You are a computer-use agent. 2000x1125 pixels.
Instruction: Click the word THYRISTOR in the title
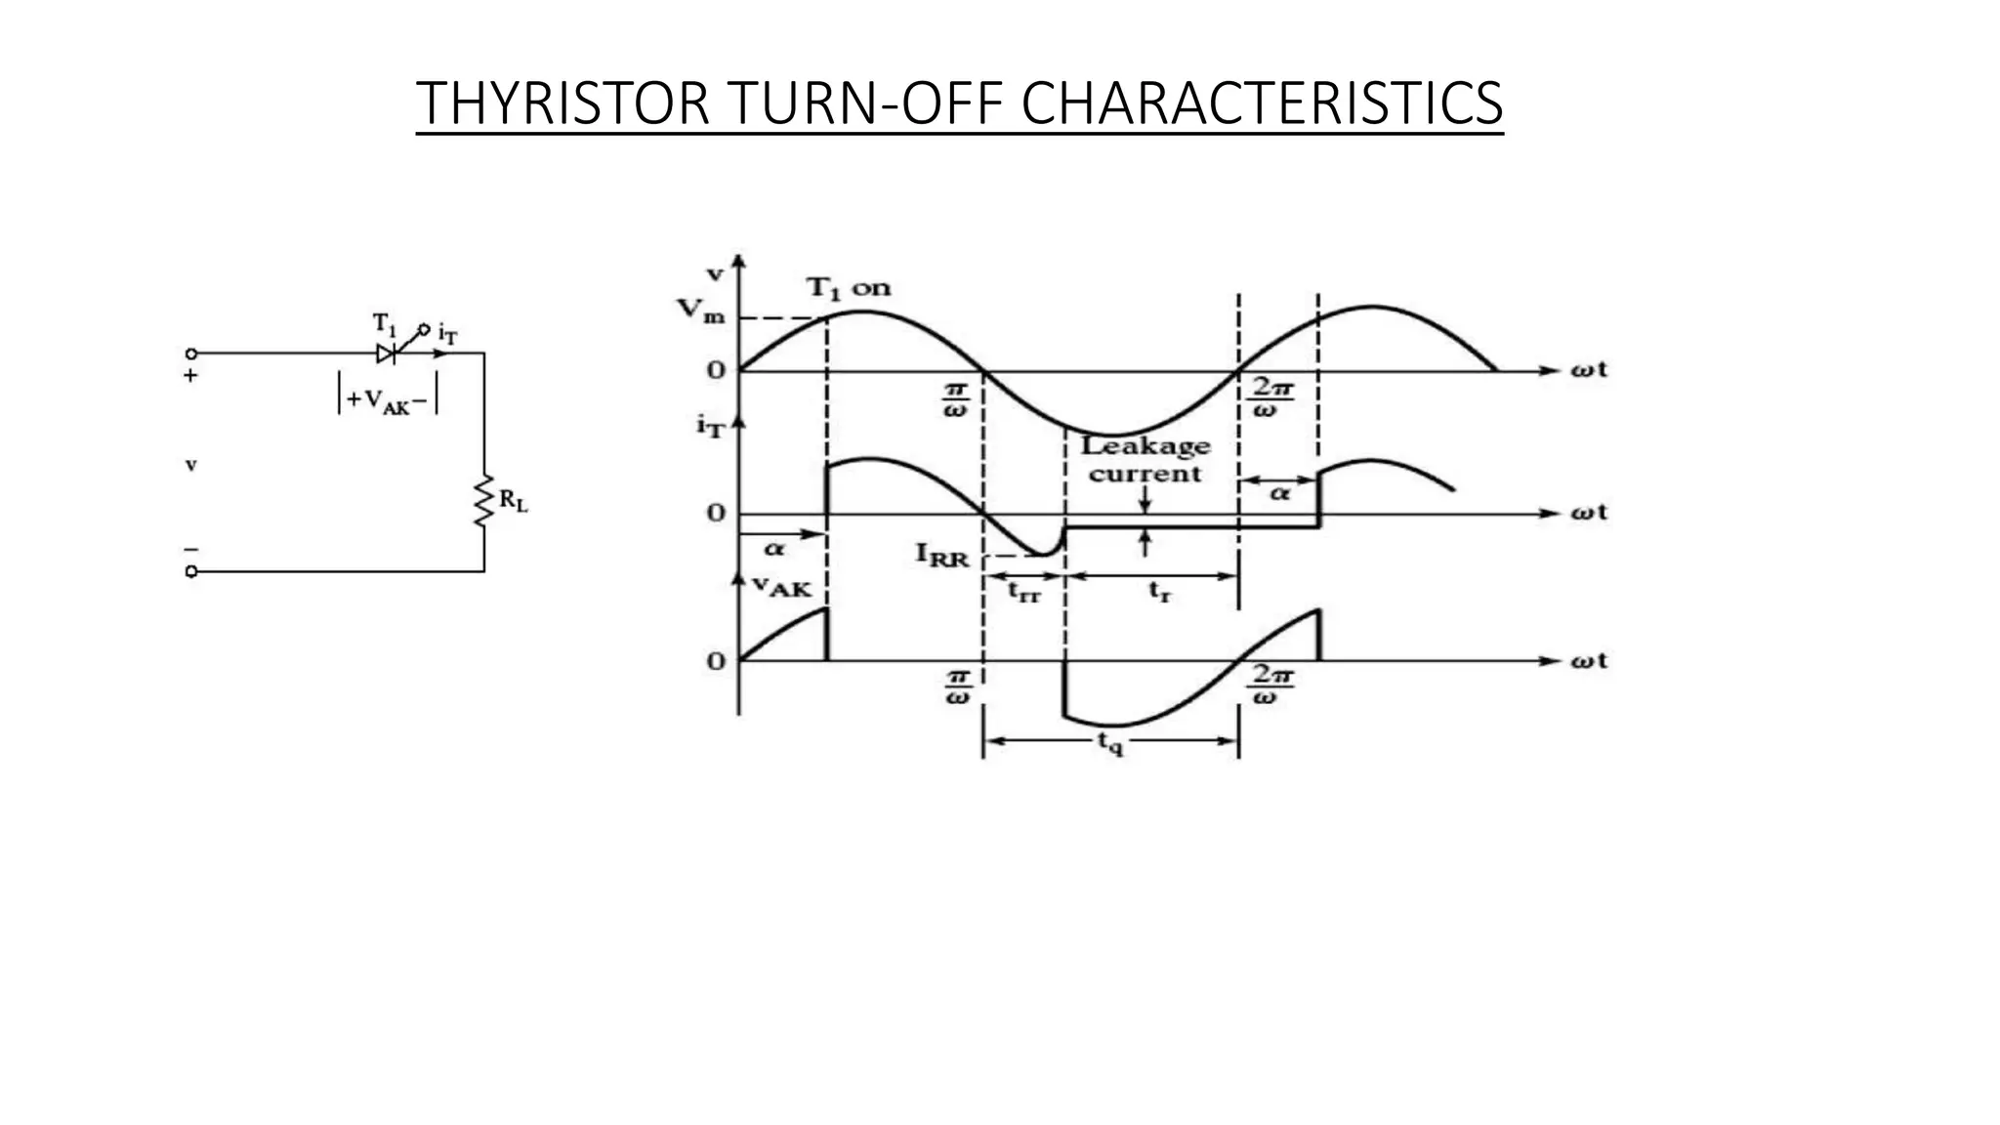coord(562,103)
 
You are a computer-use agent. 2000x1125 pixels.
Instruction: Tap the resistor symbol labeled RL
coord(483,501)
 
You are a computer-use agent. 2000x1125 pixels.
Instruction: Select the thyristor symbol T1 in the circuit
coord(388,353)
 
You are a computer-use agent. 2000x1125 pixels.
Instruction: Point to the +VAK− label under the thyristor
coord(387,400)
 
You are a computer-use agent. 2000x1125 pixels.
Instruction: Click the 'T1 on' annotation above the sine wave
coord(848,288)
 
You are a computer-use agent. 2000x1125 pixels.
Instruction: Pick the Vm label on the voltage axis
coord(701,312)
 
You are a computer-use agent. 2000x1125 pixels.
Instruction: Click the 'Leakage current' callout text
coord(1146,460)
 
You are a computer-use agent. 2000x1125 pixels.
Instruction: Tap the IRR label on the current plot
coord(941,555)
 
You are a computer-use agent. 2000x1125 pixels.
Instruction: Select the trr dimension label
coord(1023,592)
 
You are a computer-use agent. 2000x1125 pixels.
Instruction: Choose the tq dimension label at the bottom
coord(1110,743)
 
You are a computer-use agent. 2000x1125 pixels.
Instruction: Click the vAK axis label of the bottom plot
coord(781,586)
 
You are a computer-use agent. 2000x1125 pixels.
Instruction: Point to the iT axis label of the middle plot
coord(710,426)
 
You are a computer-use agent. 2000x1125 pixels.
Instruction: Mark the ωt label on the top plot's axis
coord(1588,370)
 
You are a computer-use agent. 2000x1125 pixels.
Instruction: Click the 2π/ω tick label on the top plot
coord(1272,398)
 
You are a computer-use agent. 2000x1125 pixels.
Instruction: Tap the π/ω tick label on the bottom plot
coord(958,687)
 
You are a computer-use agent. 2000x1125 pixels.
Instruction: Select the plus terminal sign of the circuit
coord(191,375)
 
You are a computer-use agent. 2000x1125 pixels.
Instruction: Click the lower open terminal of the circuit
coord(191,571)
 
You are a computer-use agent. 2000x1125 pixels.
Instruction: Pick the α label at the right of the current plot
coord(1279,494)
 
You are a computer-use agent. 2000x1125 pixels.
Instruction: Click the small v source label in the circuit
coord(191,465)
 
